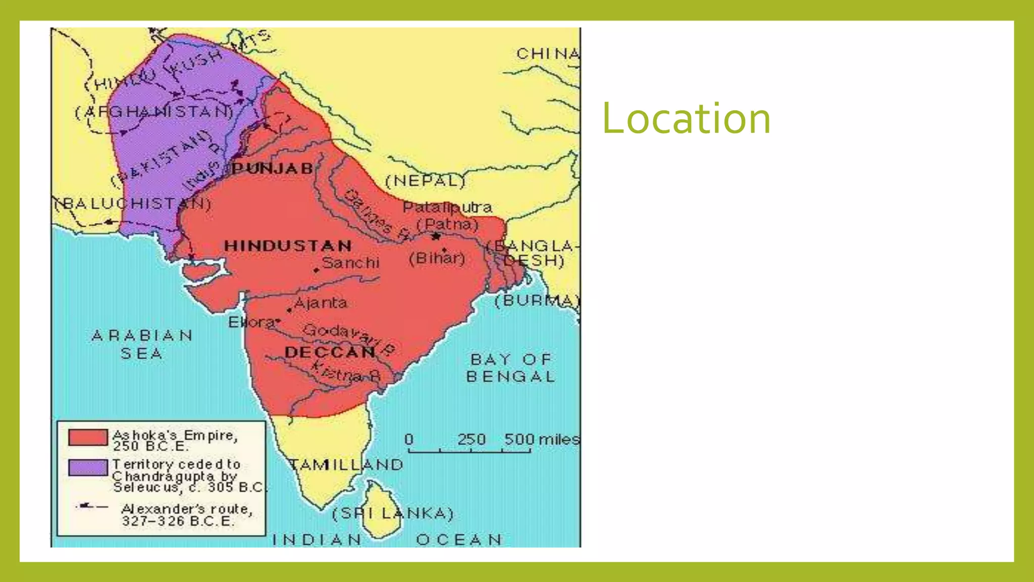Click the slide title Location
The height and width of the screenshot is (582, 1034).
point(686,119)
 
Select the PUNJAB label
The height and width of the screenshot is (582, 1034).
point(273,169)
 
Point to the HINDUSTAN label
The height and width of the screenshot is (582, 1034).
point(288,246)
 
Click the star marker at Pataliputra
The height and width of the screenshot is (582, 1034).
point(436,236)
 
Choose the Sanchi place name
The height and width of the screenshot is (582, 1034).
point(350,263)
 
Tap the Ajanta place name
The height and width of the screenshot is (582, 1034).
point(321,303)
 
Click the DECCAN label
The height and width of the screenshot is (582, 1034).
point(330,352)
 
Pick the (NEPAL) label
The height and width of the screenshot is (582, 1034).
point(425,181)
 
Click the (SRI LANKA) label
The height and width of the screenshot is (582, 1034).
point(393,514)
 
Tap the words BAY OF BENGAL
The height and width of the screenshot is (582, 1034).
point(510,368)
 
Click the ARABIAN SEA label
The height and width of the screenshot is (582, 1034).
point(142,345)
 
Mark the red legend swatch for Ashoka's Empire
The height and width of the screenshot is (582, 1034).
point(88,438)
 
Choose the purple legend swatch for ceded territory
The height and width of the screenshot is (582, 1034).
point(88,467)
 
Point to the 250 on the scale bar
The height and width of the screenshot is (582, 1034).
point(472,440)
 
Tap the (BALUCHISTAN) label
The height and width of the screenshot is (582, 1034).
point(133,204)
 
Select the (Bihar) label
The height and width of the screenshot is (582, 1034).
point(437,259)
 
